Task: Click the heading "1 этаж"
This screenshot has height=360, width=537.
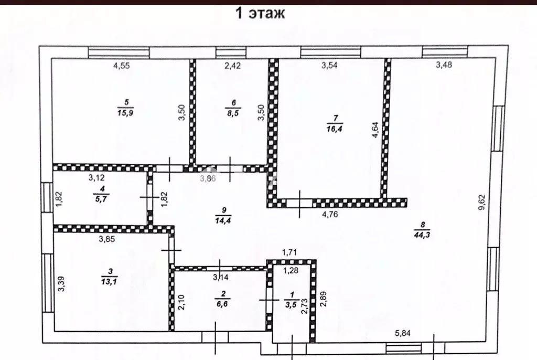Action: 260,13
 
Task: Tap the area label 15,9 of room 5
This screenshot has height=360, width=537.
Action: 125,113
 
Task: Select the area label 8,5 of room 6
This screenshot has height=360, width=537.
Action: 233,113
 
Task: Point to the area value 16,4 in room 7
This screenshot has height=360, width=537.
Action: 335,129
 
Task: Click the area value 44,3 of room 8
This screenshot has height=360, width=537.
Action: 422,235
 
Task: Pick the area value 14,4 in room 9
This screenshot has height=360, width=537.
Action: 223,220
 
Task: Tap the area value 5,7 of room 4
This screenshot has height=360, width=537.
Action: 101,199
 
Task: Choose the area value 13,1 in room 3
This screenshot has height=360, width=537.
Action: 110,282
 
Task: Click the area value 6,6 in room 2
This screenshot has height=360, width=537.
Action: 222,304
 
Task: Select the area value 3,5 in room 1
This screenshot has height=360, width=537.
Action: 291,304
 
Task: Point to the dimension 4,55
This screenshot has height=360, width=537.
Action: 122,65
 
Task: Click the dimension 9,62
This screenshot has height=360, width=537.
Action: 482,202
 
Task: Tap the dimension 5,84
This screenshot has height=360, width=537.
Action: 403,333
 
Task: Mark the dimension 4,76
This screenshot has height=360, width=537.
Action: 330,214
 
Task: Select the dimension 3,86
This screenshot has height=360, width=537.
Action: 208,178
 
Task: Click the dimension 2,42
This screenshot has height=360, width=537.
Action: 232,65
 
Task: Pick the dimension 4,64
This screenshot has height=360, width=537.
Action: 375,130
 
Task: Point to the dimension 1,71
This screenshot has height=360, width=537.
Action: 289,253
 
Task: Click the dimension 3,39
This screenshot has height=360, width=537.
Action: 61,284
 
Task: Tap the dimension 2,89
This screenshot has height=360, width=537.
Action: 323,299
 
